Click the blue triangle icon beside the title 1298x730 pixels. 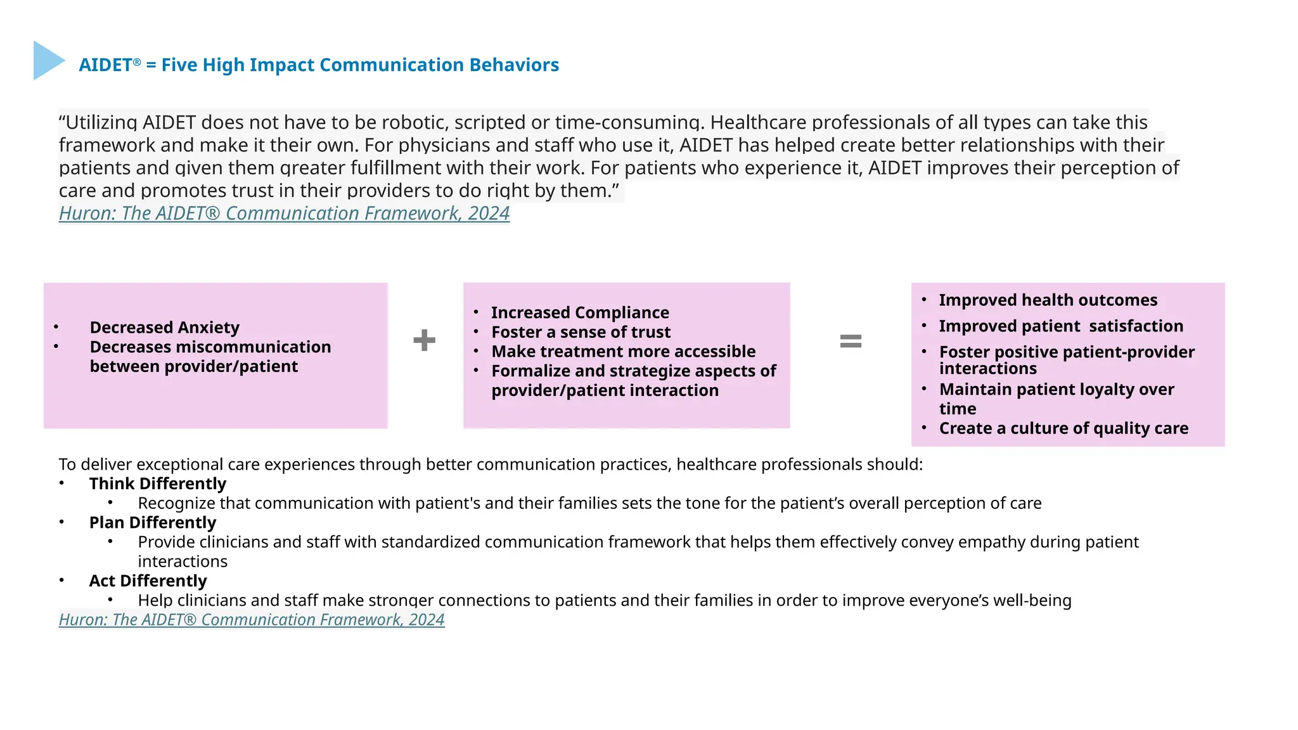pos(47,61)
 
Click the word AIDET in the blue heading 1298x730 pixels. pos(105,65)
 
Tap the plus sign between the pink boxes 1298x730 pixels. pos(424,340)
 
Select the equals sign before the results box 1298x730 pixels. pos(851,342)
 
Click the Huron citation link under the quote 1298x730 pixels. pos(284,214)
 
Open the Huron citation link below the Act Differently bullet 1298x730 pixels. pos(252,620)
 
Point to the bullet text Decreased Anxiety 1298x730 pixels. pos(165,328)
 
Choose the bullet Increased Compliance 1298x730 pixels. pos(580,313)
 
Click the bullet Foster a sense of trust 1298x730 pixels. pos(581,333)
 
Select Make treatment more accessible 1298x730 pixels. pos(623,352)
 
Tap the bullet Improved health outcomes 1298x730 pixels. pos(1048,300)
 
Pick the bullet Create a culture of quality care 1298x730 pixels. pos(1063,429)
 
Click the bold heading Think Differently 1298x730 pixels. pos(157,484)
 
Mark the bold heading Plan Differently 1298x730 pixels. pos(152,523)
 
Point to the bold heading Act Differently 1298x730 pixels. pos(148,581)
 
